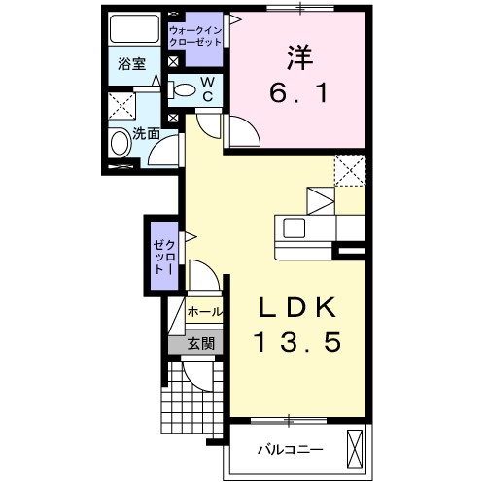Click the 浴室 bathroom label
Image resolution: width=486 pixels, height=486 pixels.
[131, 64]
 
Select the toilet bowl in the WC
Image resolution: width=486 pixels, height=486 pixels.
[182, 89]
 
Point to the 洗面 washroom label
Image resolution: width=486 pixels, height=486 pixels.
[146, 133]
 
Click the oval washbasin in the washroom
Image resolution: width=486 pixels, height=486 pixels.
[120, 143]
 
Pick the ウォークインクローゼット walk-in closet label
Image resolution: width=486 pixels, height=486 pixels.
[195, 36]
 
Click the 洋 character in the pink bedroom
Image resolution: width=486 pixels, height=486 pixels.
[299, 57]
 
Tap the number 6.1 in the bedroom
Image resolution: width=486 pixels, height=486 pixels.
[298, 93]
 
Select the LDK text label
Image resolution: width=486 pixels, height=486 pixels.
[296, 307]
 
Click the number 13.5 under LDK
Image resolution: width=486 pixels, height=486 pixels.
[297, 342]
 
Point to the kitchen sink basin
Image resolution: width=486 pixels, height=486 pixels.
[295, 227]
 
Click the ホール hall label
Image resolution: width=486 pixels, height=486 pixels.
[205, 312]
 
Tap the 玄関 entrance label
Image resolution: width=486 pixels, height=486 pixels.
[201, 343]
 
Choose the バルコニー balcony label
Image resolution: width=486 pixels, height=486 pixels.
[291, 450]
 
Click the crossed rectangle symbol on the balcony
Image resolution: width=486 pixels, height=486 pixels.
[355, 448]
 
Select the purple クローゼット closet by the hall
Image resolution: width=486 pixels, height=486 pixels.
[165, 256]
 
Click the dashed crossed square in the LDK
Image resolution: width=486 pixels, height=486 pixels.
[350, 170]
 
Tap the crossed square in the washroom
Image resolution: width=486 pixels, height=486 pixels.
[121, 106]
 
